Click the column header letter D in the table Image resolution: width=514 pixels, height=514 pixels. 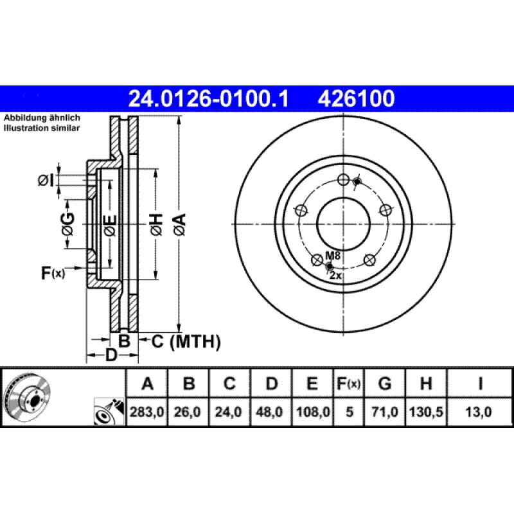[x=271, y=384]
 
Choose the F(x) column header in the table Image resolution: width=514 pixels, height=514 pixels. [x=349, y=384]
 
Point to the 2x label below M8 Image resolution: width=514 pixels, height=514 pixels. [x=336, y=274]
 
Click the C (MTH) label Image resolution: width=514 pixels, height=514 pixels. [x=186, y=341]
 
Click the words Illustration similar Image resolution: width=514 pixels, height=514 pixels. [x=42, y=128]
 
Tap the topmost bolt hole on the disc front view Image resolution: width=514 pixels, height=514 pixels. [x=342, y=180]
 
